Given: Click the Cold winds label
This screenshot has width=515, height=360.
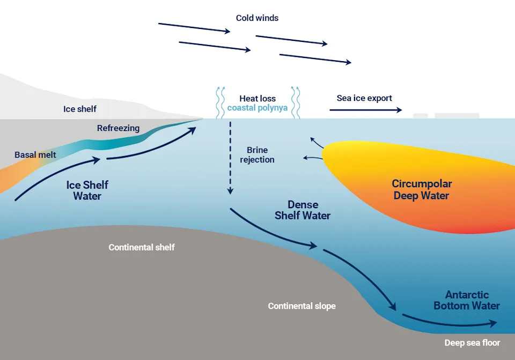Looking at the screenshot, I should click(x=257, y=18).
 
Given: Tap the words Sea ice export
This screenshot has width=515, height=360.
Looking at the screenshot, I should click(x=364, y=98).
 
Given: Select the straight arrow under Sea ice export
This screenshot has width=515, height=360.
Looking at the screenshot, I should click(x=365, y=109).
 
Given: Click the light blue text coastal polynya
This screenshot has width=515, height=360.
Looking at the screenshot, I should click(x=257, y=108).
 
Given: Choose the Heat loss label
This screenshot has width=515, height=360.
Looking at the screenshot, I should click(x=257, y=99).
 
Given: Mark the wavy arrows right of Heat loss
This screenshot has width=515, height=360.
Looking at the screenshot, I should click(x=295, y=102).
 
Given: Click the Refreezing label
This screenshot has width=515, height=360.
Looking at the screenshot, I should click(x=118, y=128).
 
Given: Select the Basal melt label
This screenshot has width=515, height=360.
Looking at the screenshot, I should click(x=35, y=155).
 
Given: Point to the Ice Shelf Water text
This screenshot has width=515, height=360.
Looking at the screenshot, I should click(x=87, y=190).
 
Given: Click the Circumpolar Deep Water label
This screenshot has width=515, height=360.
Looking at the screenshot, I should click(x=421, y=190).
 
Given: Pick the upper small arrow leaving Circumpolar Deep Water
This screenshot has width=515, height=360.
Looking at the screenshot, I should click(x=317, y=142).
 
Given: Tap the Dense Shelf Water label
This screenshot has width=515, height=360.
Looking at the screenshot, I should click(x=303, y=210).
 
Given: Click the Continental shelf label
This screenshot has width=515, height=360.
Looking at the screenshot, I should click(x=142, y=247).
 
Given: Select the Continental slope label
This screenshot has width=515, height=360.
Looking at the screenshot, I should click(x=301, y=306).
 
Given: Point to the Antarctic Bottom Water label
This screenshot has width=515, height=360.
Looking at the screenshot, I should click(x=467, y=300).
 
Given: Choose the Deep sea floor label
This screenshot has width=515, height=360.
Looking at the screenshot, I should click(x=472, y=343).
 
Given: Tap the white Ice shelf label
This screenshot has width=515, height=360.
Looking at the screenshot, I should click(x=80, y=109).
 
